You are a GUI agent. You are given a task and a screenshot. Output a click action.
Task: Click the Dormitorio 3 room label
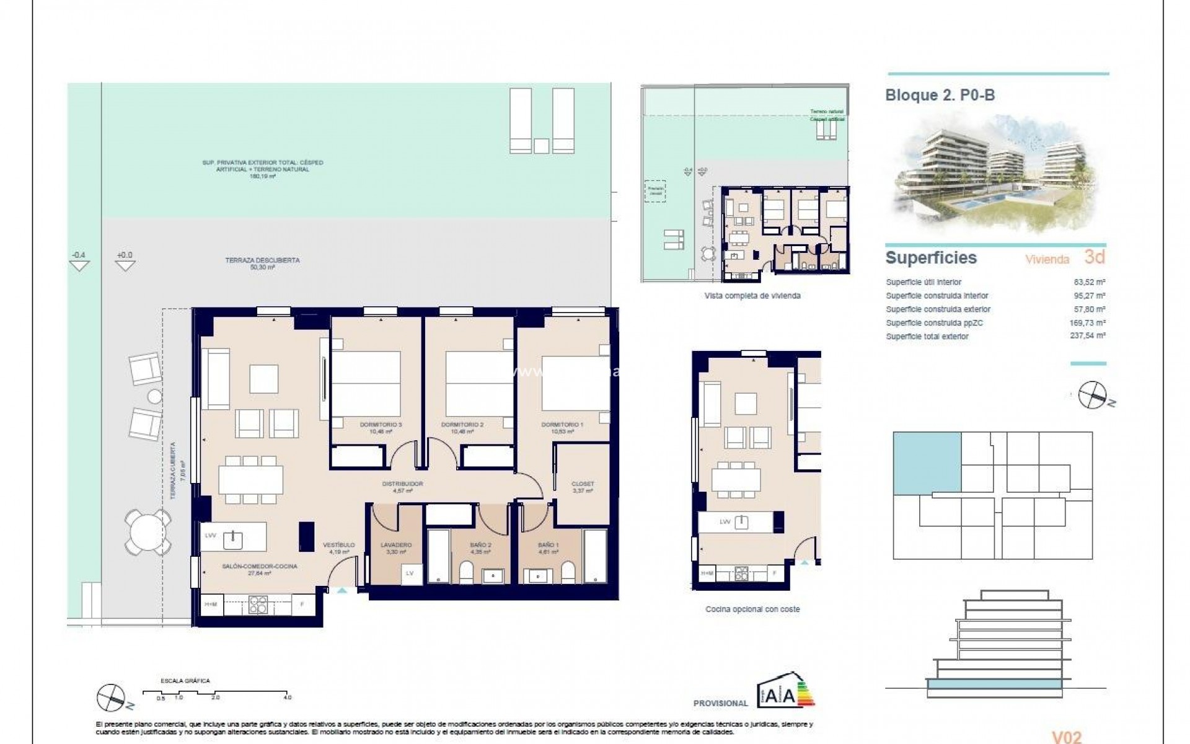click(381, 425)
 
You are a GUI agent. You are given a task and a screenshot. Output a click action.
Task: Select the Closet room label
click(583, 484)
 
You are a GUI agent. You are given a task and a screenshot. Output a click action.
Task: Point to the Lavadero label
click(395, 546)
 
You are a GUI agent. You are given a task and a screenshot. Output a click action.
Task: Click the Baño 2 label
click(480, 546)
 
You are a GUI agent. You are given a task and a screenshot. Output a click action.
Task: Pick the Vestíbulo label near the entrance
click(339, 546)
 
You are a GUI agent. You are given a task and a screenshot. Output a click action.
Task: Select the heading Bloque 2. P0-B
click(940, 95)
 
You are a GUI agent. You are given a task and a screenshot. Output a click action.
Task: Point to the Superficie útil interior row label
click(923, 282)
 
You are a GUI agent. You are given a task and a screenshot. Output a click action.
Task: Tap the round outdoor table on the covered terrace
click(148, 532)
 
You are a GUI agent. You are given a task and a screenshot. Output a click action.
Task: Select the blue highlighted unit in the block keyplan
click(927, 462)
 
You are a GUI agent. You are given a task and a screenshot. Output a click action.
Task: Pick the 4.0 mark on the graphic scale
click(288, 697)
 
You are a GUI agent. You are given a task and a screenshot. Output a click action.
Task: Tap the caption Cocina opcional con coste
click(752, 609)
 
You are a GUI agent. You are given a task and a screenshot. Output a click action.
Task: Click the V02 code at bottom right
click(1067, 737)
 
